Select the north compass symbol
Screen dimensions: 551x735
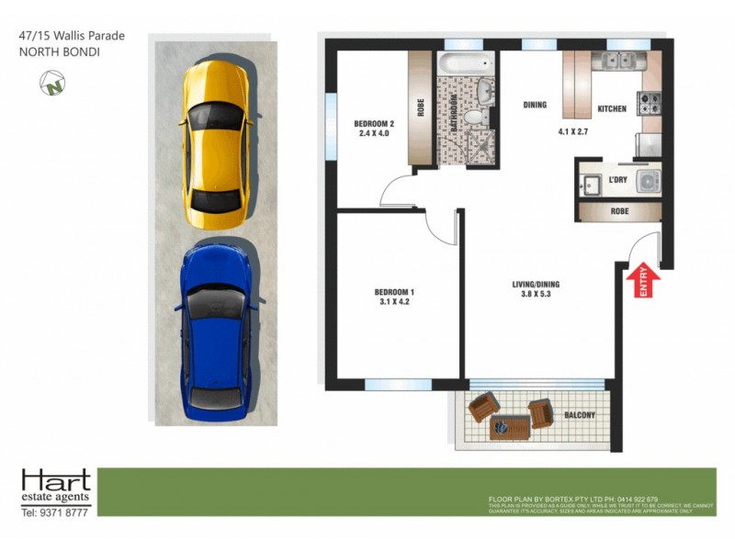pos(52,84)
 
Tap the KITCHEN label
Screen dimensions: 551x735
pos(612,108)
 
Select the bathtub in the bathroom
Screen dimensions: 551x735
pos(467,65)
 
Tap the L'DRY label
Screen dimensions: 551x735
pos(618,180)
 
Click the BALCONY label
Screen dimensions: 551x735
pos(580,416)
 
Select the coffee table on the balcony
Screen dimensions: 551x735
pos(509,424)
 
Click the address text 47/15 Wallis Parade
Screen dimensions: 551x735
pos(72,36)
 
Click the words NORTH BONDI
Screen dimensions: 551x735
pos(59,51)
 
